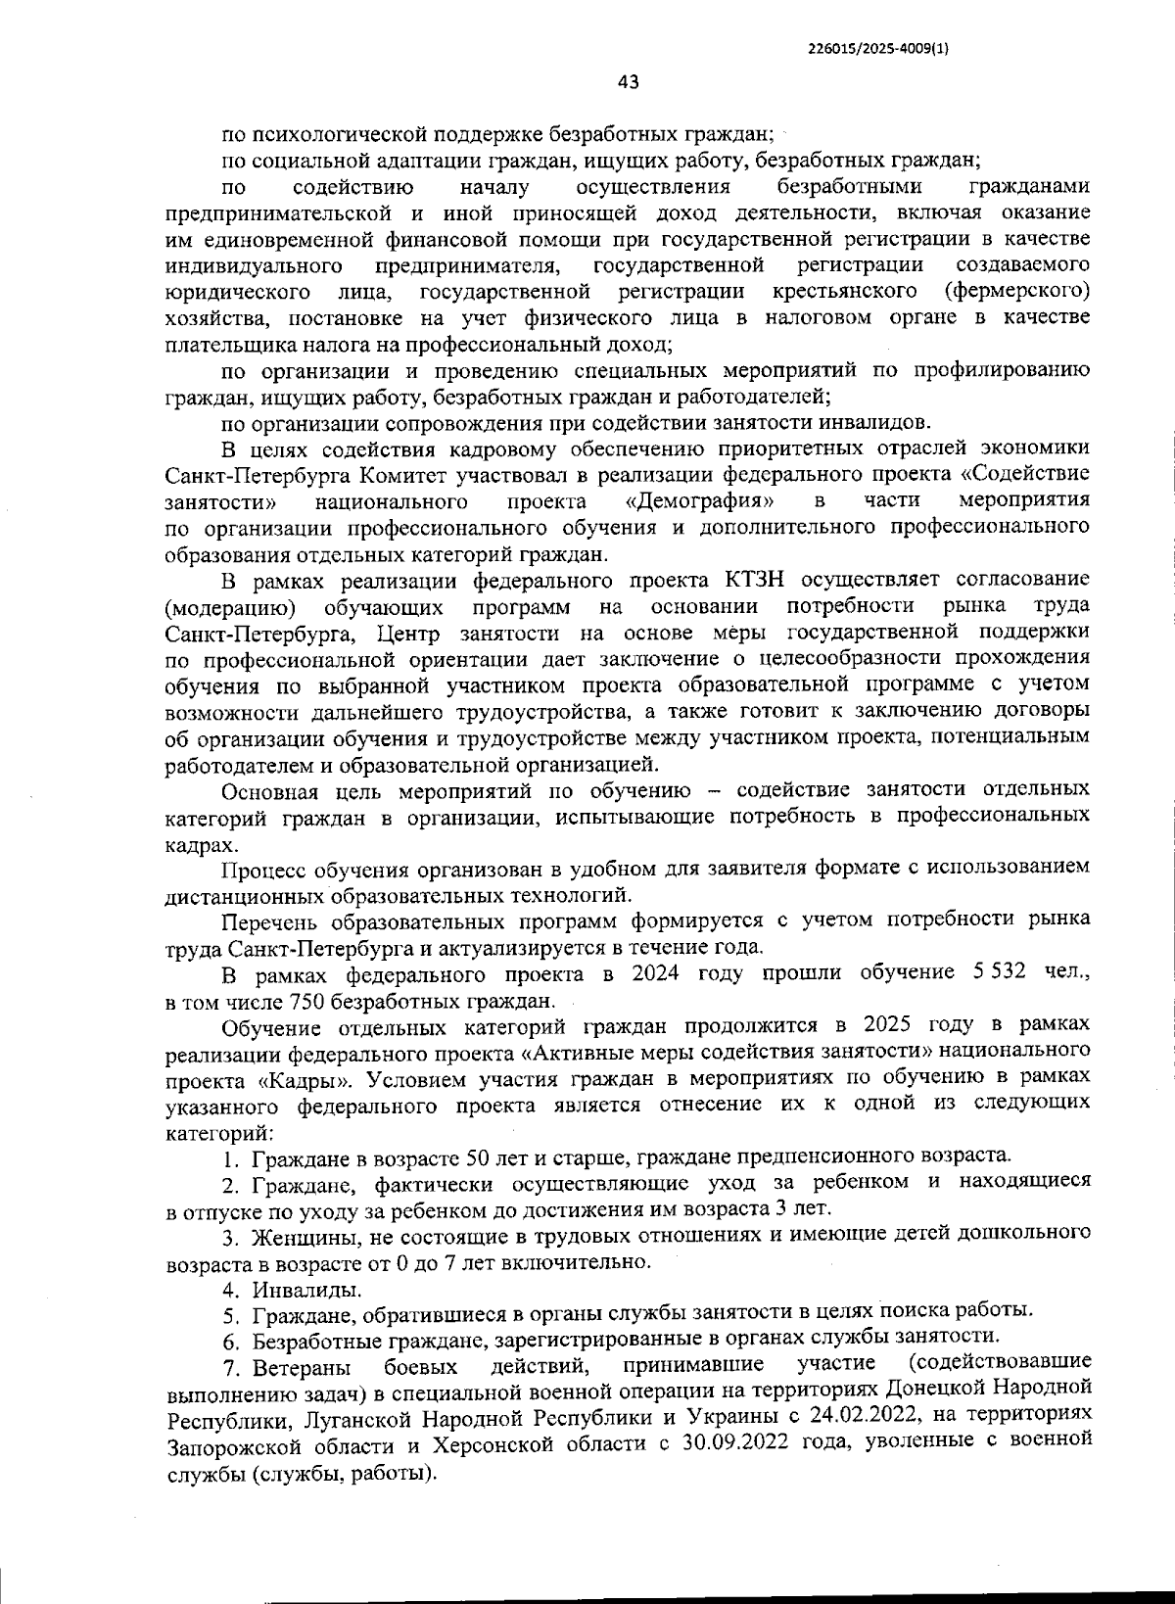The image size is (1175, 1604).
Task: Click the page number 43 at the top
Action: point(629,83)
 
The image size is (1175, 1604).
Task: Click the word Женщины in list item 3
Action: point(296,1235)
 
